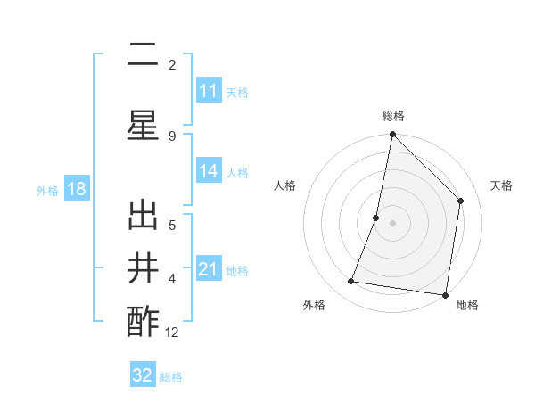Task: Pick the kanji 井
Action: [143, 268]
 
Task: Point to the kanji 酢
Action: [143, 321]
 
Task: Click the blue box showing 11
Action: [209, 91]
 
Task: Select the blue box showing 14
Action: [209, 171]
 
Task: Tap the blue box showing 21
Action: [209, 269]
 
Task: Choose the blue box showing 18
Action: [76, 189]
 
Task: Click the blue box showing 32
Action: [143, 375]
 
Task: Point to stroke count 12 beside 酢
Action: [172, 333]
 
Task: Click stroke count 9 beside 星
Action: [172, 136]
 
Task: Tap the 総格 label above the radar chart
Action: [392, 116]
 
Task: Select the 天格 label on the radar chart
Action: [501, 185]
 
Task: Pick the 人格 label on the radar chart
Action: [284, 185]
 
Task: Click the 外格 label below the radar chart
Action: [314, 305]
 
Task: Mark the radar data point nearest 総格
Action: [392, 135]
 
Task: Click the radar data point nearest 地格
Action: [445, 295]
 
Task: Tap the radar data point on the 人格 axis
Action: [376, 218]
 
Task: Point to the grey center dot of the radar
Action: [392, 223]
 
